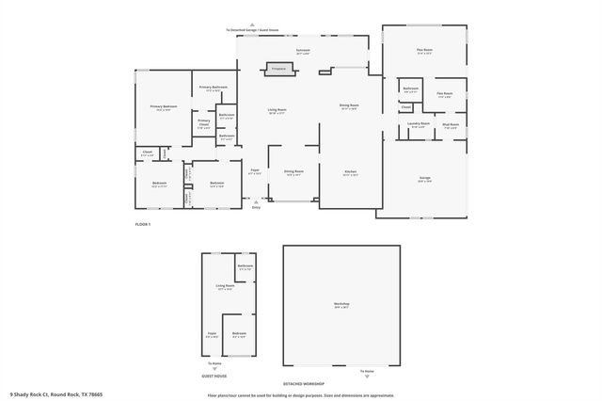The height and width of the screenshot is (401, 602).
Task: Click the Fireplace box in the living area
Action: pyautogui.click(x=278, y=69)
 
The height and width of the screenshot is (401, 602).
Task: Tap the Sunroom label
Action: pyautogui.click(x=303, y=50)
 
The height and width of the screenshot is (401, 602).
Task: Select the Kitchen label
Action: pyautogui.click(x=350, y=172)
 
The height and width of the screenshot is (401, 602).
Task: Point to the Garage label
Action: pyautogui.click(x=425, y=178)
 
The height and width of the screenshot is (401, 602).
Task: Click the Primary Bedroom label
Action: pyautogui.click(x=164, y=107)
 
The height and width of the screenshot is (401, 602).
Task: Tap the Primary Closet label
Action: pyautogui.click(x=204, y=122)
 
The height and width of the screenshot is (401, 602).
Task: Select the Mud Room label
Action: pyautogui.click(x=451, y=125)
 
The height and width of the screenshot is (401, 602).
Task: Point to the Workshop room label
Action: pyautogui.click(x=341, y=304)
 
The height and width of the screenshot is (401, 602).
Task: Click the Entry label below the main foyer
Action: pyautogui.click(x=256, y=207)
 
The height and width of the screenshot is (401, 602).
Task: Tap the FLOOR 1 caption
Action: pyautogui.click(x=143, y=224)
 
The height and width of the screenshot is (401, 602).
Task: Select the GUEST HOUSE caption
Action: pyautogui.click(x=214, y=375)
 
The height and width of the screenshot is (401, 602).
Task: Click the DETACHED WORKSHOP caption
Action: pyautogui.click(x=305, y=384)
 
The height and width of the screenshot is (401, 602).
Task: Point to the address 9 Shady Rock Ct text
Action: pyautogui.click(x=56, y=394)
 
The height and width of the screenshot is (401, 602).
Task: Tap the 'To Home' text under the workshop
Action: pyautogui.click(x=367, y=371)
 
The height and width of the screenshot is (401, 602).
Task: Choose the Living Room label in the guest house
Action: pyautogui.click(x=225, y=285)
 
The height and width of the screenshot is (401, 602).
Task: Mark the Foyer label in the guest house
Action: pyautogui.click(x=213, y=332)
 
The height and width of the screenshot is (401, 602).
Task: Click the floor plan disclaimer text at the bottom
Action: pyautogui.click(x=301, y=395)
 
